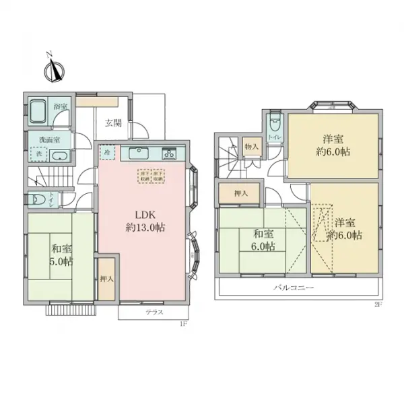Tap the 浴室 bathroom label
pos(61,107)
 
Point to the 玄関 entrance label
pos(114,123)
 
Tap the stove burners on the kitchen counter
pos(168,153)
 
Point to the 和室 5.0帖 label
pos(61,254)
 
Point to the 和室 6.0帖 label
pos(264,240)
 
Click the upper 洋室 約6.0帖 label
pos(333,145)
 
